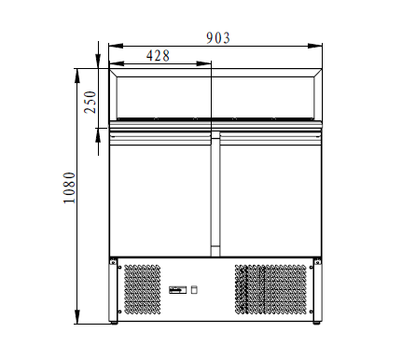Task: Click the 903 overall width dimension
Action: click(x=218, y=38)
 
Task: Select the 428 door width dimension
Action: click(x=158, y=56)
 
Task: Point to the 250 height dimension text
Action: click(x=90, y=102)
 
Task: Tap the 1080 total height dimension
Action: click(x=69, y=187)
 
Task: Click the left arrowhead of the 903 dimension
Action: click(x=116, y=46)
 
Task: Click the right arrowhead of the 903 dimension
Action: click(x=315, y=46)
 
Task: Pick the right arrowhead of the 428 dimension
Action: click(x=203, y=63)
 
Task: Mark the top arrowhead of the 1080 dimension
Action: click(x=77, y=76)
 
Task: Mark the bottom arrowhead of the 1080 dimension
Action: click(x=77, y=317)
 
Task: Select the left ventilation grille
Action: click(x=143, y=289)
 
